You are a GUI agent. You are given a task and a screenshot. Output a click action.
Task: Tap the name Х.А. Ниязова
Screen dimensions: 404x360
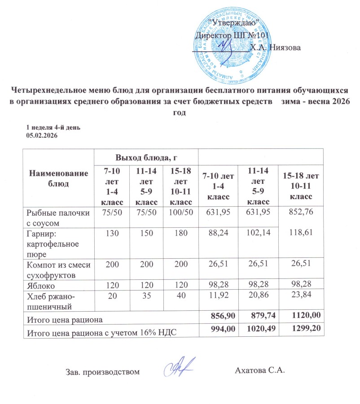(275, 48)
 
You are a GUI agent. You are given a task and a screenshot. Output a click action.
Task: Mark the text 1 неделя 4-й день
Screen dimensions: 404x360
(53, 127)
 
